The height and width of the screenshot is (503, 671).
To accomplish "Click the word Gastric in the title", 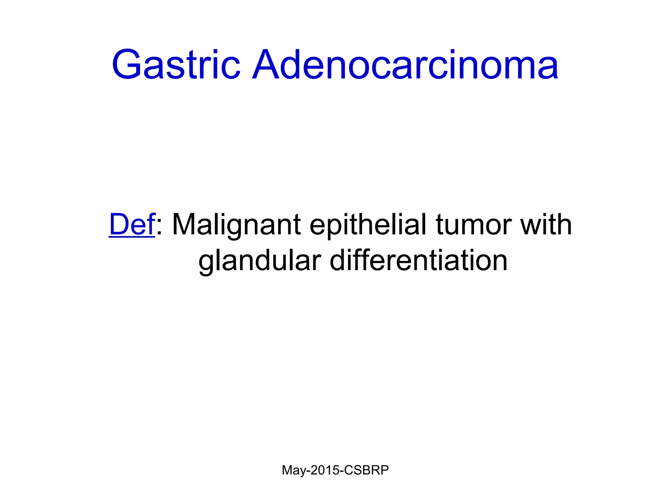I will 176,65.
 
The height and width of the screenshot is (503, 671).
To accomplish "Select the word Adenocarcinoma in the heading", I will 405,65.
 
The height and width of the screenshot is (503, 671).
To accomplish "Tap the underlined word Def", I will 132,225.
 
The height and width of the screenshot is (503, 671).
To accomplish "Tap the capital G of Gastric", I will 128,65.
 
